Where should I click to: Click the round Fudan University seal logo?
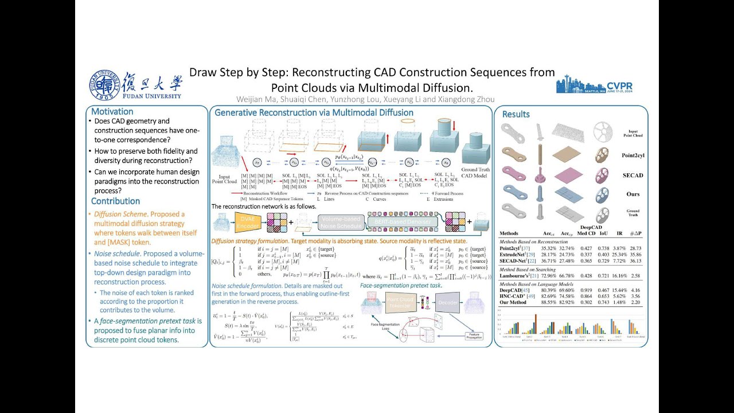tap(104, 85)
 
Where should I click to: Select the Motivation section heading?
tap(112, 112)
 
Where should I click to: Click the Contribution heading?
tap(115, 201)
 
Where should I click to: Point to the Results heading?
tap(516, 114)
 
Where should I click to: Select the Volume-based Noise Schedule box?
tap(341, 222)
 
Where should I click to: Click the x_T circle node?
tap(257, 163)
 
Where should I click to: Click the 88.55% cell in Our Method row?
tap(549, 302)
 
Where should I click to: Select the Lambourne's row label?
tap(517, 276)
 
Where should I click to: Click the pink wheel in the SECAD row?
tap(602, 175)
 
